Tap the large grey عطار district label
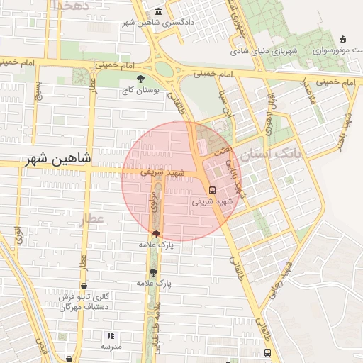coord(91,219)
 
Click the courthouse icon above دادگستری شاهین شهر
coord(157,12)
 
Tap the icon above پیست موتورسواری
coord(343,39)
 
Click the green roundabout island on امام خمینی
coord(164,69)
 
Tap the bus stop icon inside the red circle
coord(213,189)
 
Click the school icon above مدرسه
coord(110,335)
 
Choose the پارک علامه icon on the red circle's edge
coord(156,234)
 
